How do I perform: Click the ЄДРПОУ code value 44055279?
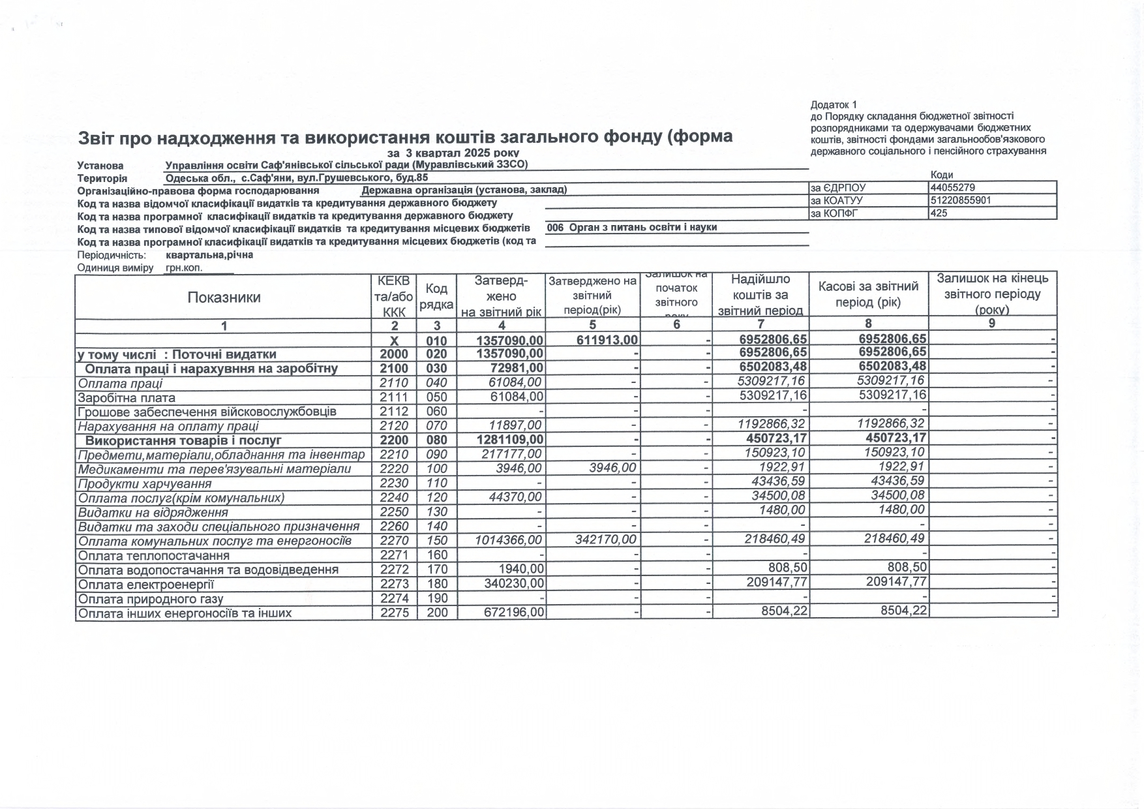pos(953,187)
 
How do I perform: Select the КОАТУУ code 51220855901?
pos(961,200)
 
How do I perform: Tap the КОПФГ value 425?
pos(939,213)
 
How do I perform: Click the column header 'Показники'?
pos(224,298)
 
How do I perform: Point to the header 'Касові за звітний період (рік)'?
pos(868,294)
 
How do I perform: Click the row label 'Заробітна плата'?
pos(127,397)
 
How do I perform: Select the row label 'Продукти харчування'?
pos(144,483)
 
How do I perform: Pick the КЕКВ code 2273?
pos(394,584)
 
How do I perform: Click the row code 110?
pos(437,483)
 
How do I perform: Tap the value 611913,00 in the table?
pos(607,340)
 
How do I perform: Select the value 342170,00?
pos(607,540)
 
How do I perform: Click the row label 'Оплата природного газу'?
pos(151,599)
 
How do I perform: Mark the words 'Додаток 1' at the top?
pos(834,104)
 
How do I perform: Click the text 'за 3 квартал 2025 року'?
pos(453,153)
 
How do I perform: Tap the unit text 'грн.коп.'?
pos(184,267)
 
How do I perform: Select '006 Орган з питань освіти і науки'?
pos(632,227)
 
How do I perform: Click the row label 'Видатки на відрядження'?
pos(153,512)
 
